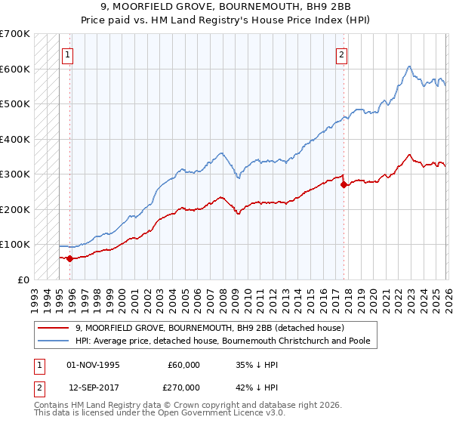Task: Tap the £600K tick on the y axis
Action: pyautogui.click(x=15, y=69)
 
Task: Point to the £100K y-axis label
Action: pyautogui.click(x=15, y=245)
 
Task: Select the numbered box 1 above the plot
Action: pyautogui.click(x=68, y=54)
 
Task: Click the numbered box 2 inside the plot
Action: pyautogui.click(x=341, y=54)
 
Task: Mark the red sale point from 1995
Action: pyautogui.click(x=70, y=258)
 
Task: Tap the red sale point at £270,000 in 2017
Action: pyautogui.click(x=344, y=184)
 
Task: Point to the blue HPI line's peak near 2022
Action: pyautogui.click(x=408, y=66)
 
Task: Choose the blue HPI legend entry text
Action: pyautogui.click(x=227, y=341)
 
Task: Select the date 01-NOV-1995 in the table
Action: pyautogui.click(x=94, y=365)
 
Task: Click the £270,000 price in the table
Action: pyautogui.click(x=183, y=387)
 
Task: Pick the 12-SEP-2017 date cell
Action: pyautogui.click(x=94, y=387)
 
